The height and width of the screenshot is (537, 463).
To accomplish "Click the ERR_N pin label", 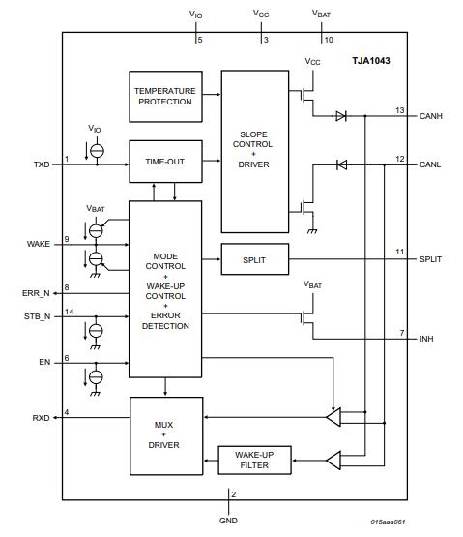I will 37,291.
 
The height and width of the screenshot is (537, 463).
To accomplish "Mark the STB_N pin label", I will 37,316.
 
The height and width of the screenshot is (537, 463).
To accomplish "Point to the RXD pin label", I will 39,419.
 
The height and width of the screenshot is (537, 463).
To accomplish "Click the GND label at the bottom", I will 229,520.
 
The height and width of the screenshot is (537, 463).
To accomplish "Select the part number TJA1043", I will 371,60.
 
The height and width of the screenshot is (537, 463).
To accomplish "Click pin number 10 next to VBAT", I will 329,40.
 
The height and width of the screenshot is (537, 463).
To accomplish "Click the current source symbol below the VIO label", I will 96,151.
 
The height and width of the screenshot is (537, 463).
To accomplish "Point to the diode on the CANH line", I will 340,117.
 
